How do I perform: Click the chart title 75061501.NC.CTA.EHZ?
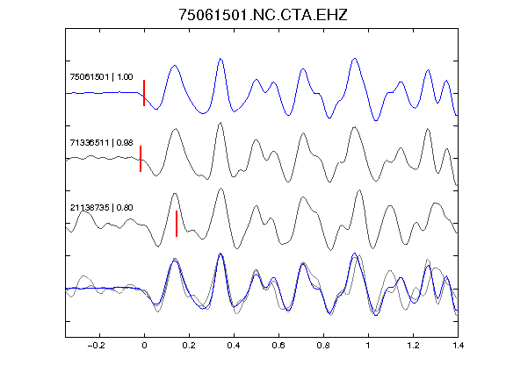[x=263, y=15]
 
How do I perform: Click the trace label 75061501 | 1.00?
[x=101, y=77]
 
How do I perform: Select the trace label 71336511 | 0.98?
[x=101, y=142]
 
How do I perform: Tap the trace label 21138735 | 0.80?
[x=101, y=208]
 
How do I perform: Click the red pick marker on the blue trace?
[x=144, y=93]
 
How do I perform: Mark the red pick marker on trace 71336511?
[x=141, y=159]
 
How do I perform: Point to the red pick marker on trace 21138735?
[x=177, y=224]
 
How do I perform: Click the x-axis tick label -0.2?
[x=97, y=346]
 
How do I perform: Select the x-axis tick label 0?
[x=144, y=346]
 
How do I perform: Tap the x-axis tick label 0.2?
[x=189, y=346]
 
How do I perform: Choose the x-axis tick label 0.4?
[x=234, y=346]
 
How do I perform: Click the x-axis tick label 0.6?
[x=278, y=346]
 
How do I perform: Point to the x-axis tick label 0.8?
[x=323, y=346]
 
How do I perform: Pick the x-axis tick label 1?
[x=368, y=346]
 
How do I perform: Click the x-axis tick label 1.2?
[x=413, y=346]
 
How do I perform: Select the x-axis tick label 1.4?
[x=458, y=346]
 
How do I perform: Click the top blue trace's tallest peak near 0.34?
[x=220, y=59]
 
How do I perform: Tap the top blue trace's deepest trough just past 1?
[x=376, y=120]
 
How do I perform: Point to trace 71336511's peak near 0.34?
[x=220, y=123]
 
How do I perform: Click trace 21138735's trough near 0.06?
[x=158, y=247]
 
